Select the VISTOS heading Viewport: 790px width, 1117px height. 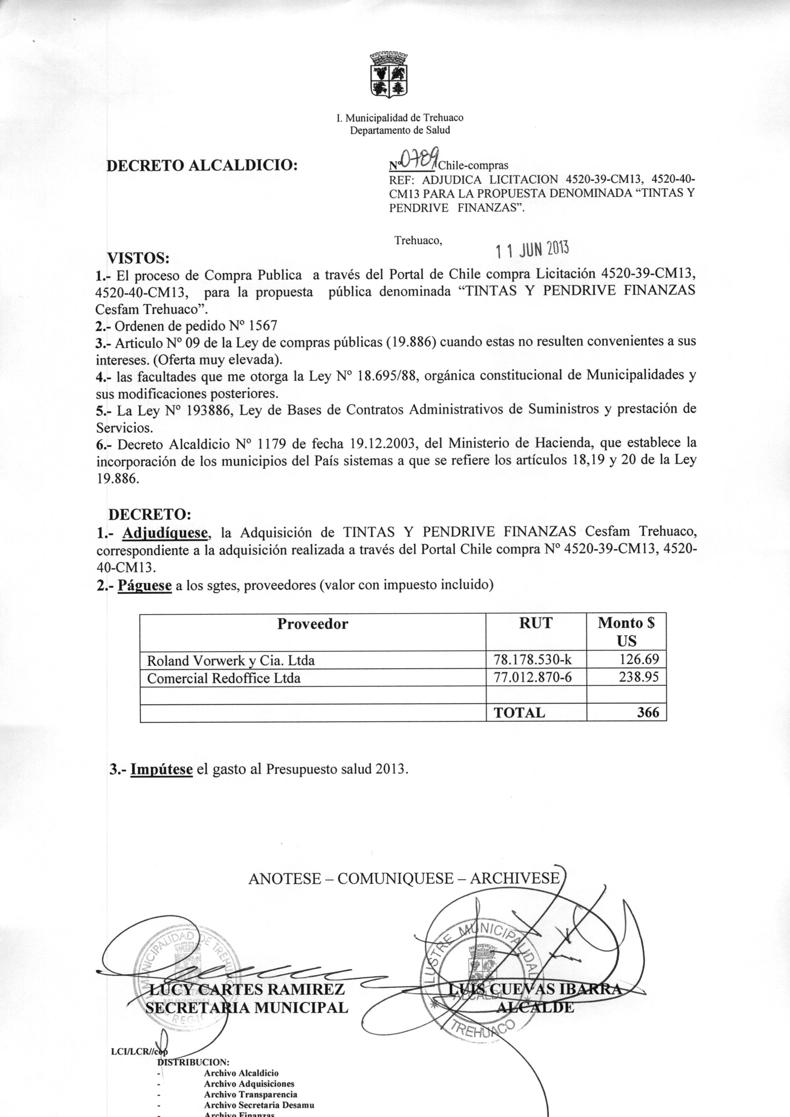[x=138, y=257]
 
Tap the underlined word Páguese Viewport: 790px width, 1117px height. [x=145, y=585]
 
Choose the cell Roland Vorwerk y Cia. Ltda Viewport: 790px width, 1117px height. [x=231, y=661]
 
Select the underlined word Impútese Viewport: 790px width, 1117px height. [x=162, y=770]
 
